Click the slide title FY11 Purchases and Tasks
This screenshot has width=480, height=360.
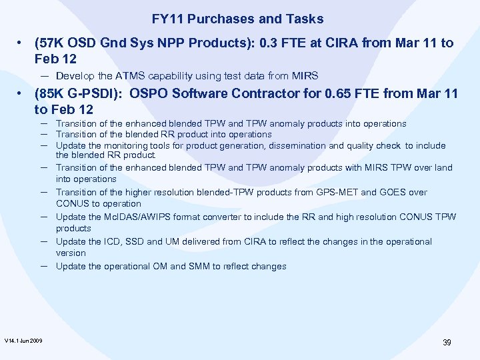click(x=237, y=19)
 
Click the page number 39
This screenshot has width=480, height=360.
click(x=447, y=342)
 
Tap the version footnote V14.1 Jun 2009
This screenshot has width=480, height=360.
click(x=23, y=341)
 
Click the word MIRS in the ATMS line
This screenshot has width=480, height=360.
click(x=307, y=75)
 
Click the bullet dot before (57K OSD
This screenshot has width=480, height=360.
click(x=23, y=43)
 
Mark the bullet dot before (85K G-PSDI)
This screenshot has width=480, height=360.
click(x=23, y=94)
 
